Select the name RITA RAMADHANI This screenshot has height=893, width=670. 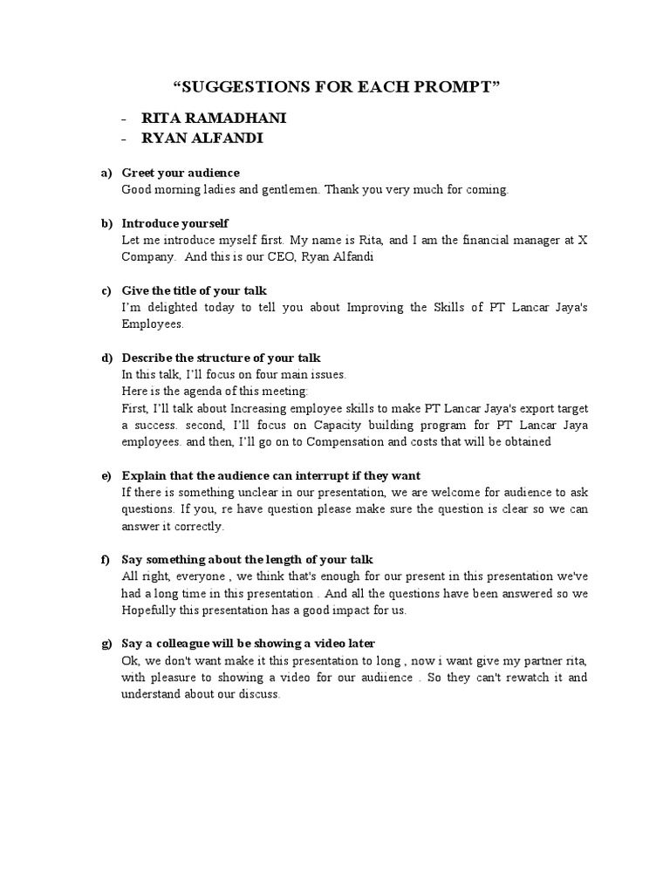click(208, 119)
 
